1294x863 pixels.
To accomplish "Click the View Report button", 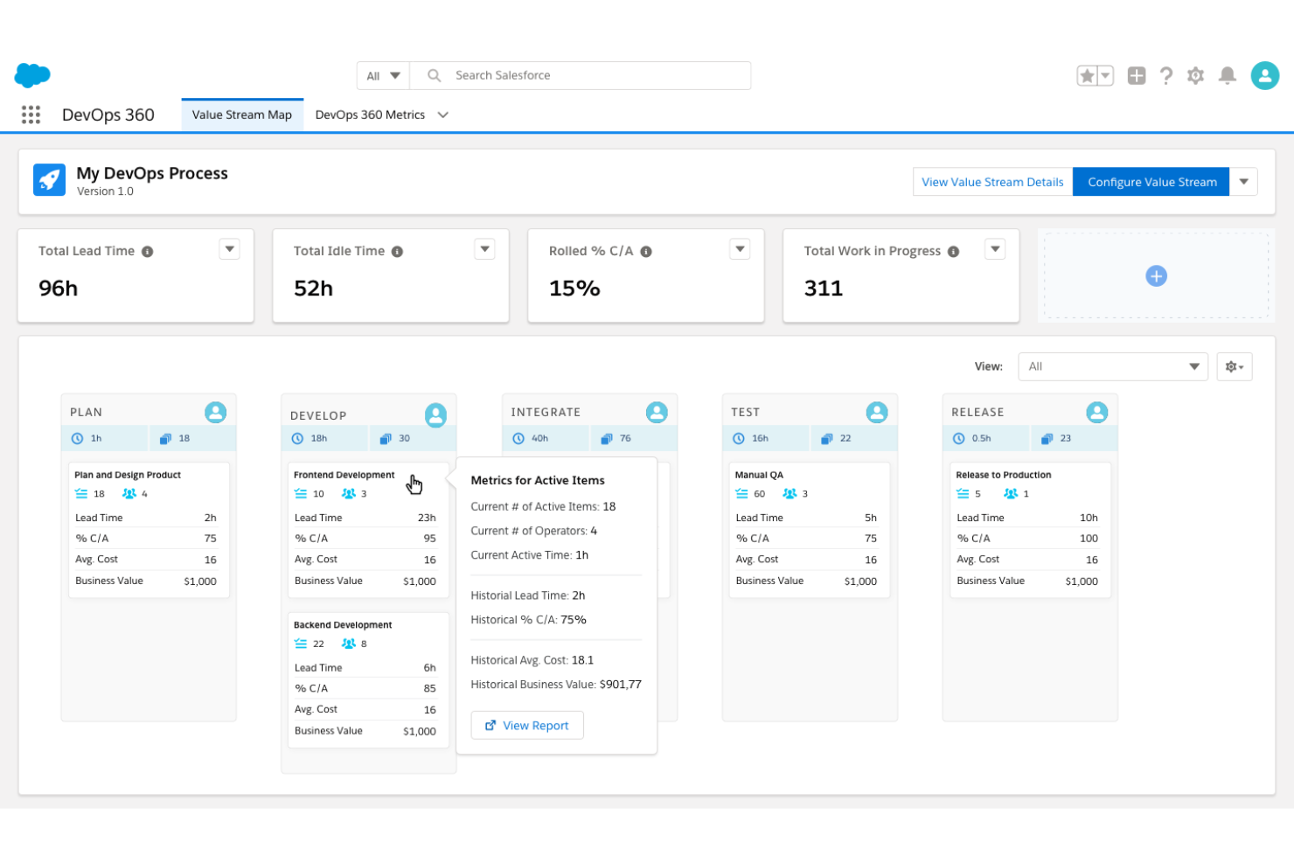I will click(527, 725).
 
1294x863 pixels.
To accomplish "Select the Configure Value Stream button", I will click(1151, 182).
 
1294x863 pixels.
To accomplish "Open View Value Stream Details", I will click(992, 182).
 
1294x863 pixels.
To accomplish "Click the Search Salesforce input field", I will click(595, 75).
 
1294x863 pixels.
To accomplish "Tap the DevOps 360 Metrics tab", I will click(370, 115).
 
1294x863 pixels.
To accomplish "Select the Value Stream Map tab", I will click(242, 115).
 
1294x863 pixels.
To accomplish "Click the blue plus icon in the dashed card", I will click(1156, 276).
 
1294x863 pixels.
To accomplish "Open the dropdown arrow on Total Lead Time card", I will click(229, 249).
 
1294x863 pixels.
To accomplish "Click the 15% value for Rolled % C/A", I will click(574, 289).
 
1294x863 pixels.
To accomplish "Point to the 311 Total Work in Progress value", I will click(823, 289).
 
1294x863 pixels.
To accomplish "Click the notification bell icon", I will click(1228, 76).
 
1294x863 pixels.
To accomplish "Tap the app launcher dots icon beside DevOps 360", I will click(31, 115).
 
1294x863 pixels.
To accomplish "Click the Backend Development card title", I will click(343, 625).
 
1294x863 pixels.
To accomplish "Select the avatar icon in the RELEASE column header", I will click(1096, 412).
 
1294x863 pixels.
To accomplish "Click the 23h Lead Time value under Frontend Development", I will click(427, 518).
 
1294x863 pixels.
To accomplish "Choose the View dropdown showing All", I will click(1112, 366).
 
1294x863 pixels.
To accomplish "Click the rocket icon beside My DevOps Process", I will click(50, 180).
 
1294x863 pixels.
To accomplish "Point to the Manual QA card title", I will click(759, 475).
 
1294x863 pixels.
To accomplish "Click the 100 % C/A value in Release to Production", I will click(1089, 539).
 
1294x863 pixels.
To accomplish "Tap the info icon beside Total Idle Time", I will click(397, 252).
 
